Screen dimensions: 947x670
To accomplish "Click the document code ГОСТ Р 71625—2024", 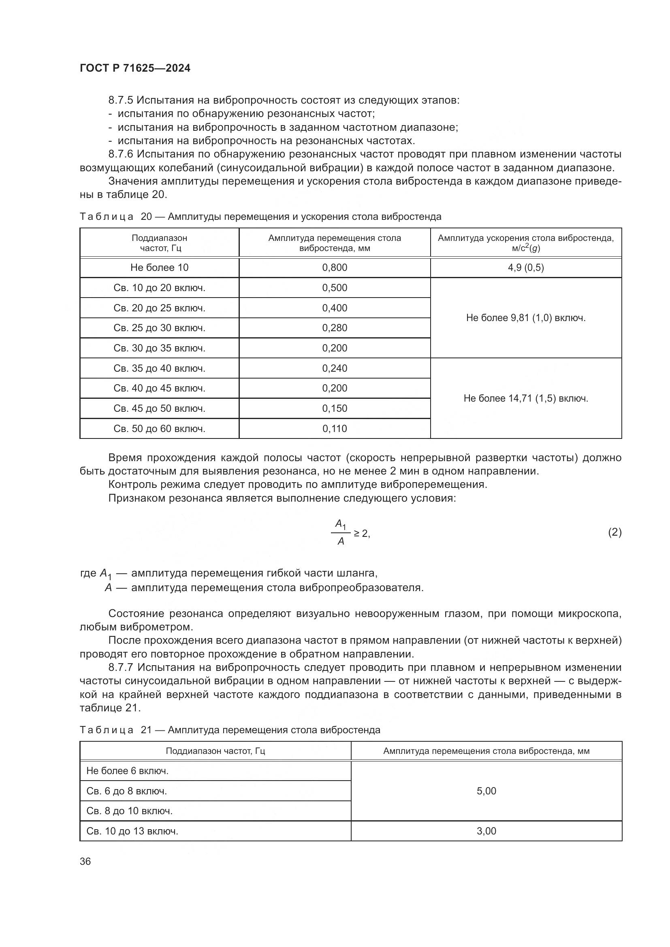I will click(x=135, y=68).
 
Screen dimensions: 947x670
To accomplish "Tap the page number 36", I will click(x=85, y=861).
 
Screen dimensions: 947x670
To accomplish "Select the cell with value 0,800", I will click(x=335, y=268).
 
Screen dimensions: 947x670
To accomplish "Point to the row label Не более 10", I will click(x=159, y=268).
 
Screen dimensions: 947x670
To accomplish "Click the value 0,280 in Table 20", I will click(x=335, y=328).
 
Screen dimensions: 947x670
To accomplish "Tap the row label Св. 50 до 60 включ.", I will click(x=159, y=429).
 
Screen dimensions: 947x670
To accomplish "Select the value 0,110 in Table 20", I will click(x=335, y=429).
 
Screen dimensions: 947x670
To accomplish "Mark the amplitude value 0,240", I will click(x=335, y=368).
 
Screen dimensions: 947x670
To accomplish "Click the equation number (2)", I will click(x=615, y=532).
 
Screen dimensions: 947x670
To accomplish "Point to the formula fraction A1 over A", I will click(x=341, y=533).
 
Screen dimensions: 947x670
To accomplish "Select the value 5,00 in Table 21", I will click(x=486, y=791).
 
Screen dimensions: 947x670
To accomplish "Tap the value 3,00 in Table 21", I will click(x=486, y=831).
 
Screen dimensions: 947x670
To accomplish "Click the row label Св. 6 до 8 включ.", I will click(x=127, y=791).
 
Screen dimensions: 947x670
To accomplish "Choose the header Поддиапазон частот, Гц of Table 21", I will click(x=216, y=751).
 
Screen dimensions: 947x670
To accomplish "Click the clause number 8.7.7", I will click(x=122, y=668).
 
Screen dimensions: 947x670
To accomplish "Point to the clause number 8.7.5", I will click(x=122, y=100).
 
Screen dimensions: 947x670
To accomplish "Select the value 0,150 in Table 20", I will click(x=335, y=409).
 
